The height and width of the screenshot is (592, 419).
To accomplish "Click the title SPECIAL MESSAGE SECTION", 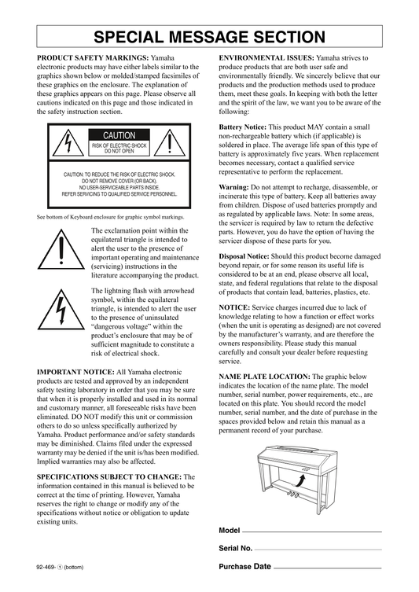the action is tap(209, 37).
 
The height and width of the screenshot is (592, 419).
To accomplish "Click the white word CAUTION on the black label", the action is tap(119, 135).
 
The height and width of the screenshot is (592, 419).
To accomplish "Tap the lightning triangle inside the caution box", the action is tap(68, 143).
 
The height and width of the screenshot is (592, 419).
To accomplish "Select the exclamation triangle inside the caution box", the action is tap(170, 143).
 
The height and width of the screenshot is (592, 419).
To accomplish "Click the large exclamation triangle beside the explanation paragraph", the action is tap(61, 249).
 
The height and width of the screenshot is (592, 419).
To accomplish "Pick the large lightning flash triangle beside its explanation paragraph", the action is tap(61, 310).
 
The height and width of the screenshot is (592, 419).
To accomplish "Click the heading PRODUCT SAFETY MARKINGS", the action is tap(93, 58).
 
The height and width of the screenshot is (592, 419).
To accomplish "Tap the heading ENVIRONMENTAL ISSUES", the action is tap(266, 58).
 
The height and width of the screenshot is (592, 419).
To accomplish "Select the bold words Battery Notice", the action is tap(243, 127).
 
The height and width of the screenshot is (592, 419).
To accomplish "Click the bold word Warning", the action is tap(233, 187).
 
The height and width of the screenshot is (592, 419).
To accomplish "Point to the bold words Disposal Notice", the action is tap(244, 256).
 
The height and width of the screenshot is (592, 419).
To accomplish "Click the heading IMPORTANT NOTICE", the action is tap(75, 373).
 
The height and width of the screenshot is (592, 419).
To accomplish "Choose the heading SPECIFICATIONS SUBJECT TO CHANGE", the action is tap(109, 477).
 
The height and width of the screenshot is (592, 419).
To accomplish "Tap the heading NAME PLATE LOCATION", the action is tap(265, 377).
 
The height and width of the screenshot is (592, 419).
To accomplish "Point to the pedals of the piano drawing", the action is tap(292, 494).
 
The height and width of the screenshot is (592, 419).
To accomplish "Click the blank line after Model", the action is tap(312, 532).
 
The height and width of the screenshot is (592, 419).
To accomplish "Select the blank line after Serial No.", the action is tap(318, 550).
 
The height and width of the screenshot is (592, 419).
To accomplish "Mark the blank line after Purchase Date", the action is tap(328, 568).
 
